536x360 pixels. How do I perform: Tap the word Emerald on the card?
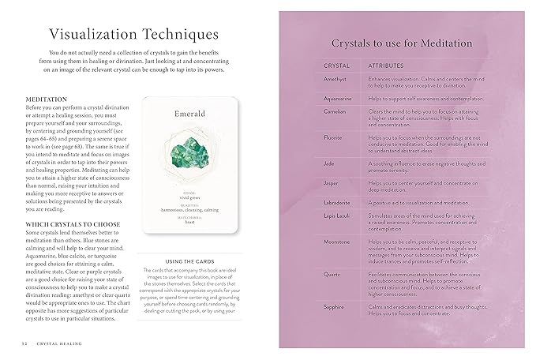[x=189, y=113]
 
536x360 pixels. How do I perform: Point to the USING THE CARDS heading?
[x=189, y=261]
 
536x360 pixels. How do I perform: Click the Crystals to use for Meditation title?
[x=402, y=43]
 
